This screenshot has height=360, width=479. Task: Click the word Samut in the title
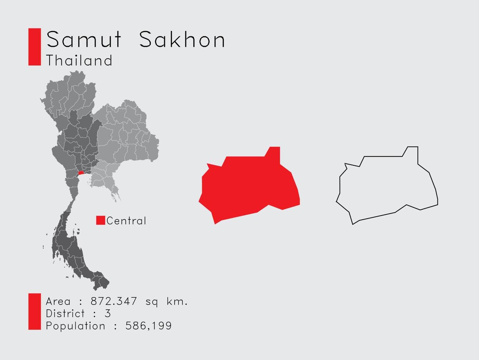(84, 40)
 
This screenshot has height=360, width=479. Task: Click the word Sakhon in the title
(182, 40)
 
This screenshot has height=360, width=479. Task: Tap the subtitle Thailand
(79, 60)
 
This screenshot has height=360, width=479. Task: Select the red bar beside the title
(35, 47)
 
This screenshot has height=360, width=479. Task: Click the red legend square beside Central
(100, 220)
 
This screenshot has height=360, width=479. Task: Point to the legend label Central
(126, 221)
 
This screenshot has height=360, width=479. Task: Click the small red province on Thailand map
(81, 172)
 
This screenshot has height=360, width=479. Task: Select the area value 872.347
(114, 301)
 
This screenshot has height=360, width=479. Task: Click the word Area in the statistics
(58, 302)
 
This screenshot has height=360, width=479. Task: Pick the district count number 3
(108, 314)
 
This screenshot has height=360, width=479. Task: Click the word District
(65, 314)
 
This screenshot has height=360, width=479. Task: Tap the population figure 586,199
(149, 326)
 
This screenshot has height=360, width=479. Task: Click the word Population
(75, 326)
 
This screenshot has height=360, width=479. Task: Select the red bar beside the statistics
(35, 312)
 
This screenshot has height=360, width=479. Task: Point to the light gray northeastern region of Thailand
(125, 132)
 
